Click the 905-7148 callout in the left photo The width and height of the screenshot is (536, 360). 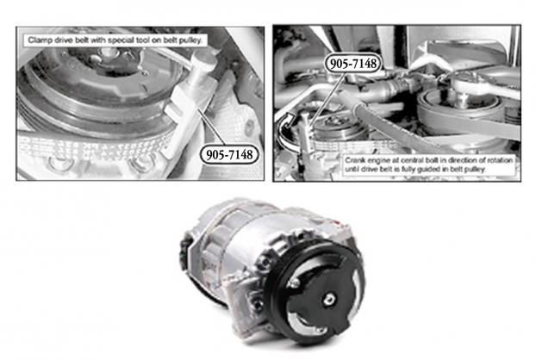229,155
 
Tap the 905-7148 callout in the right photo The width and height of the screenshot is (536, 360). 352,63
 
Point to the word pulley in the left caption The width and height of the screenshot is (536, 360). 190,40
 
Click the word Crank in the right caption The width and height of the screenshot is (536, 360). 355,160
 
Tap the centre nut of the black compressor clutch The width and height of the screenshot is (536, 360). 329,300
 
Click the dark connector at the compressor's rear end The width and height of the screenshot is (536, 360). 184,252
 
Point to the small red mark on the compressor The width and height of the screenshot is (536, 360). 339,223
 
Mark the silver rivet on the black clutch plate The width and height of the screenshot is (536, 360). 293,282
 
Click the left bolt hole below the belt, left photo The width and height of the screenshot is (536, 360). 59,163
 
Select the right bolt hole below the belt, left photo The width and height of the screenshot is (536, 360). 140,164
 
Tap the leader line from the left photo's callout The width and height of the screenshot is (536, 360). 211,127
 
